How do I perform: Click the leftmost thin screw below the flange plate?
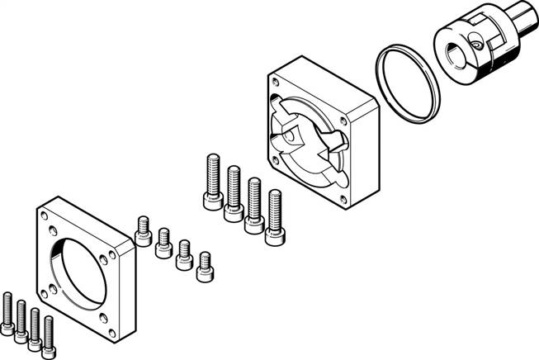pos(8,313)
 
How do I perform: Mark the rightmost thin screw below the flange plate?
pos(49,334)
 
